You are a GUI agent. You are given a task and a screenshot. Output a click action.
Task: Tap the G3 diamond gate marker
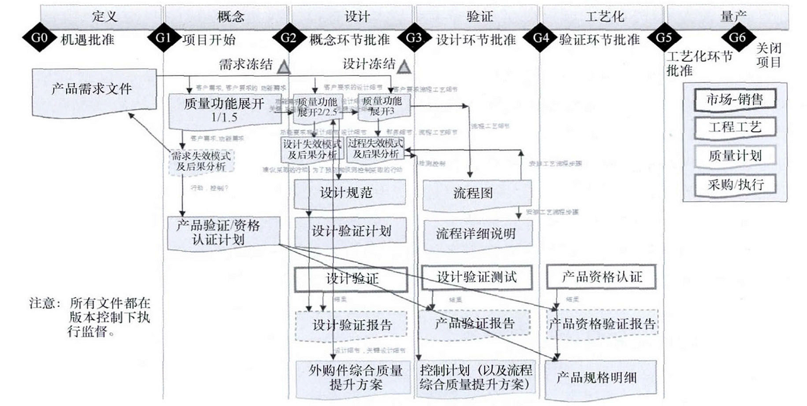click(x=414, y=38)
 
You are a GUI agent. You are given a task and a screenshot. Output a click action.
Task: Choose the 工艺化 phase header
click(x=602, y=15)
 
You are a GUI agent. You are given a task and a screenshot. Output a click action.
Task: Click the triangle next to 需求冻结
click(x=283, y=66)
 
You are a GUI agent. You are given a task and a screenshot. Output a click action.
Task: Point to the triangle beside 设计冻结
click(x=403, y=66)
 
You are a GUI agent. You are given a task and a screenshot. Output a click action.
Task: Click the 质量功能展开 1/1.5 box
click(x=225, y=111)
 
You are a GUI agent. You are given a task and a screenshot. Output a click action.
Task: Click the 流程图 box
click(x=477, y=192)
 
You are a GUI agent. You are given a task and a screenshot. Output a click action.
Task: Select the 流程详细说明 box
click(x=477, y=233)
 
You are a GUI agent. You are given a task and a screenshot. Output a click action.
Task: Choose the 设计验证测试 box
click(x=477, y=276)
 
